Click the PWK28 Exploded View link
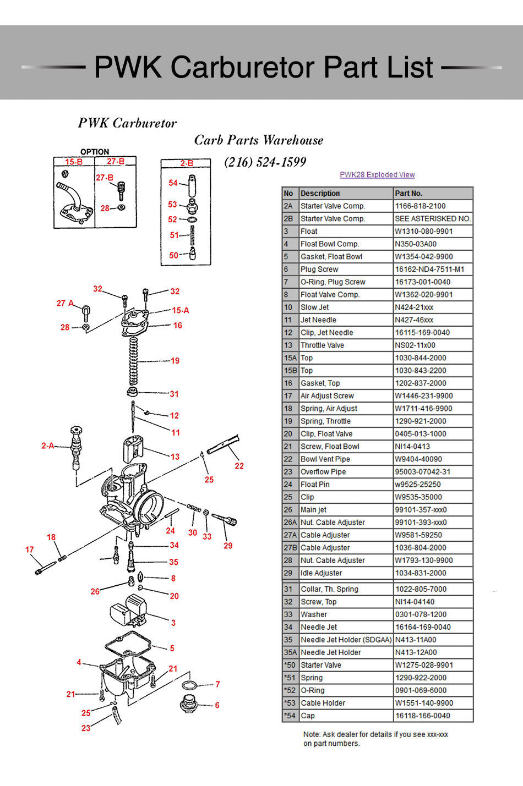[x=377, y=175]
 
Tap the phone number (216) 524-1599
[x=265, y=162]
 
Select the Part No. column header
[x=408, y=194]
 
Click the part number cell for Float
[x=423, y=232]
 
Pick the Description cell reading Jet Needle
[x=318, y=320]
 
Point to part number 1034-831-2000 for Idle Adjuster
[x=421, y=573]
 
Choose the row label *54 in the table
[x=290, y=716]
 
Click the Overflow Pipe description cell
[x=323, y=472]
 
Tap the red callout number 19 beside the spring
[x=175, y=361]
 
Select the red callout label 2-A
[x=48, y=446]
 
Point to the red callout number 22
[x=239, y=466]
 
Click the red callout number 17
[x=30, y=549]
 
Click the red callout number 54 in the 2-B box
[x=173, y=183]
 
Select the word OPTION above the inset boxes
[x=95, y=152]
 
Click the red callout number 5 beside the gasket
[x=172, y=648]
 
